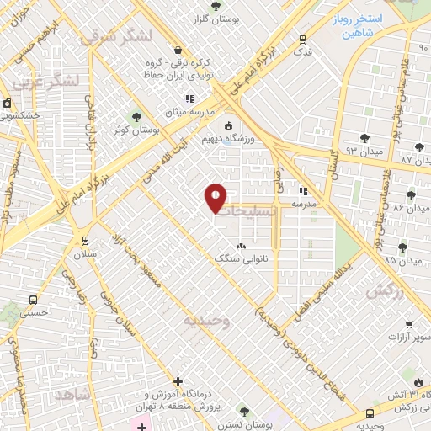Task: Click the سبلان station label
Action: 85,253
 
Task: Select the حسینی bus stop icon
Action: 33,300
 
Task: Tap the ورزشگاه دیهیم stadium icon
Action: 228,126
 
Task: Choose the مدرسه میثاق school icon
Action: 200,98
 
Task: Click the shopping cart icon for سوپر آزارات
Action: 407,324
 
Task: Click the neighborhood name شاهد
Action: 71,393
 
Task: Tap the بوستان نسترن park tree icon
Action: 244,412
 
